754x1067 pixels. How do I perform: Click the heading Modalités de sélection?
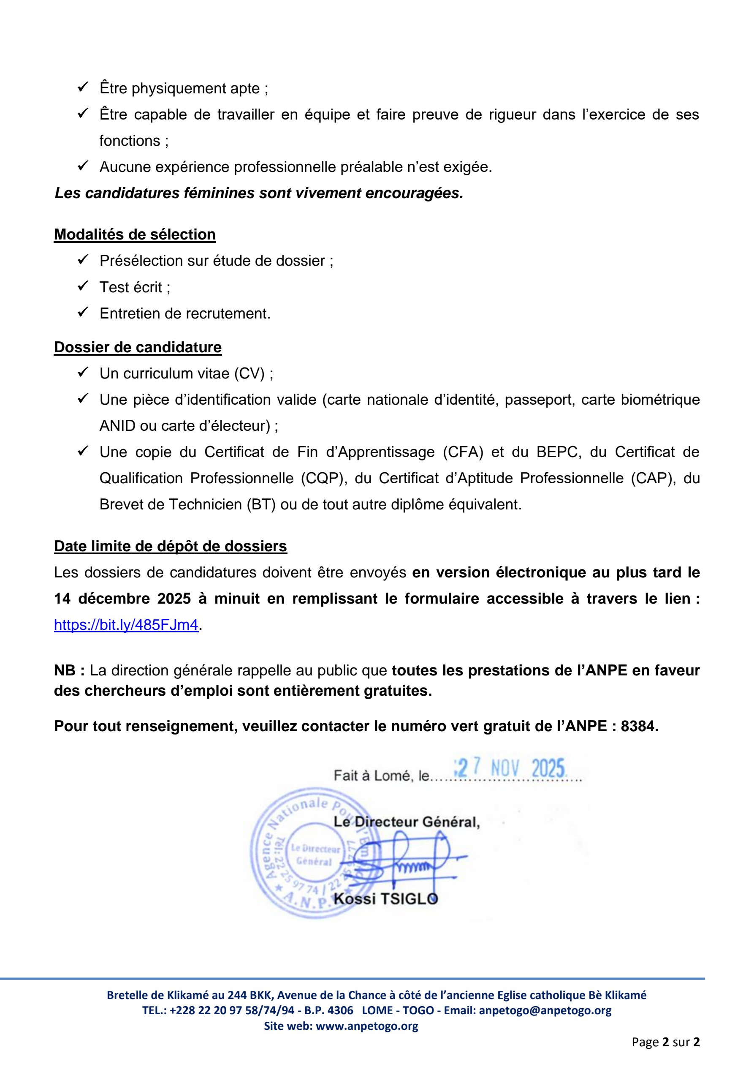(x=135, y=234)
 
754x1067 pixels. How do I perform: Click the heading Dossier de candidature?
(x=138, y=347)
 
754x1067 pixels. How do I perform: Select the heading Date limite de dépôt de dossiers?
(x=171, y=546)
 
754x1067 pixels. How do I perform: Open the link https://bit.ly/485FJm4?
(x=126, y=625)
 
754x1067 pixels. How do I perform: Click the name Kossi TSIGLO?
(x=385, y=899)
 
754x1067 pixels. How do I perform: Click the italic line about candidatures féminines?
(x=259, y=193)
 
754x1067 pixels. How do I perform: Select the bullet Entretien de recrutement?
(x=185, y=314)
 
